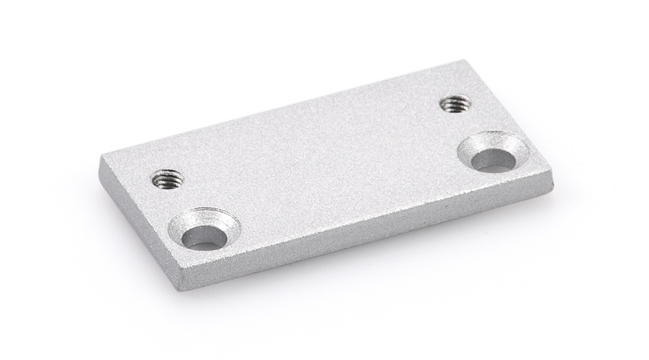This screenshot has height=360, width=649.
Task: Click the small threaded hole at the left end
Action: point(167,178)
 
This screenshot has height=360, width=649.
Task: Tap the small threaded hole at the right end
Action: point(455,103)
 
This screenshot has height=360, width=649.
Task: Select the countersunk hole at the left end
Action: point(204,230)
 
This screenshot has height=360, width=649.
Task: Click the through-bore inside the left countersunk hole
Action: point(204,238)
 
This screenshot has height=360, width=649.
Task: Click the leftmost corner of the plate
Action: point(101,159)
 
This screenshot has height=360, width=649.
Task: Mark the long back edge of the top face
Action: point(286,107)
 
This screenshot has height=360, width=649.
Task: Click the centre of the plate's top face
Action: point(324,162)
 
